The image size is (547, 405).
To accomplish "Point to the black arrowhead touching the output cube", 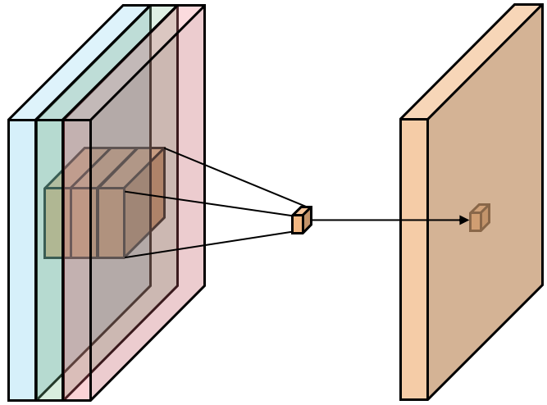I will (x=464, y=220).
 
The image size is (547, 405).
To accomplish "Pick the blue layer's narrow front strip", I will (x=22, y=328).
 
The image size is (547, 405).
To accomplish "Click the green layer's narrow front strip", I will (x=49, y=328).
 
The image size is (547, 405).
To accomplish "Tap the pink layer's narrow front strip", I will (x=76, y=328).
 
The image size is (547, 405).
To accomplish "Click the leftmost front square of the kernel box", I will (x=57, y=223).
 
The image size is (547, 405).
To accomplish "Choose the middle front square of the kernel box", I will (x=84, y=223).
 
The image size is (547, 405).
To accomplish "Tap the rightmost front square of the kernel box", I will (x=111, y=223).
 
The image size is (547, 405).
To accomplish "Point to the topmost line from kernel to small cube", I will (x=234, y=176).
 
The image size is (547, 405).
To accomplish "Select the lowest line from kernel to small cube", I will (x=209, y=244).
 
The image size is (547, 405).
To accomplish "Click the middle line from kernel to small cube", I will (x=209, y=204).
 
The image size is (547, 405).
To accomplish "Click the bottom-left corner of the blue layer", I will (x=9, y=399).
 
